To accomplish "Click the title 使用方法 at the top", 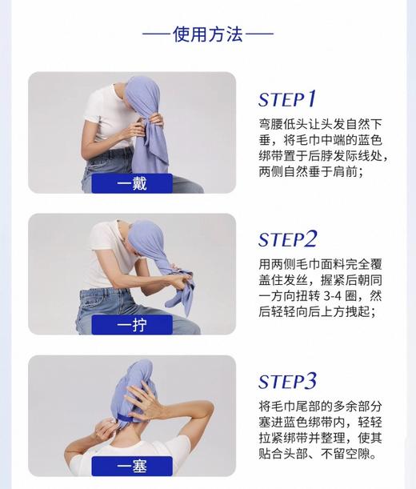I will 207,34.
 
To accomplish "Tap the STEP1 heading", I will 287,99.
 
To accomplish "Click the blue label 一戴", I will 132,183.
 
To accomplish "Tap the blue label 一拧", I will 132,325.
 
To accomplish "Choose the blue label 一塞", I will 132,466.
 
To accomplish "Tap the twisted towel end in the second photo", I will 178,290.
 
